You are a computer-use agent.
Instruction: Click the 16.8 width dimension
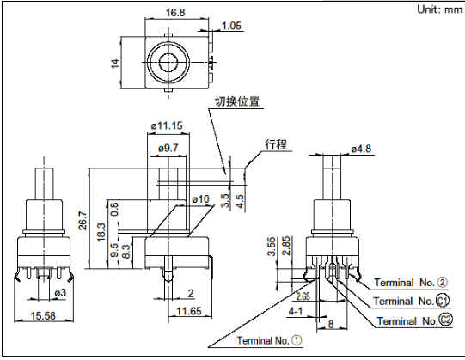pyautogui.click(x=175, y=13)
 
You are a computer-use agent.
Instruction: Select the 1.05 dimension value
pyautogui.click(x=231, y=26)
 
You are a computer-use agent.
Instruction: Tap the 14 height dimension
pyautogui.click(x=115, y=64)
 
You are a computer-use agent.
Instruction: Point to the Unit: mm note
pyautogui.click(x=439, y=9)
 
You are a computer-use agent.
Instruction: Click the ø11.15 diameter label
pyautogui.click(x=167, y=125)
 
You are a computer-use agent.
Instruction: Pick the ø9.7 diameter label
pyautogui.click(x=168, y=148)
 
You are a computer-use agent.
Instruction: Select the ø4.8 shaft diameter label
pyautogui.click(x=361, y=149)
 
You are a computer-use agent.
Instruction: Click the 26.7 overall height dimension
pyautogui.click(x=83, y=220)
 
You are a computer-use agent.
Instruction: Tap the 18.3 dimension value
pyautogui.click(x=101, y=232)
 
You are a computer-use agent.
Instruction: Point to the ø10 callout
pyautogui.click(x=200, y=199)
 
